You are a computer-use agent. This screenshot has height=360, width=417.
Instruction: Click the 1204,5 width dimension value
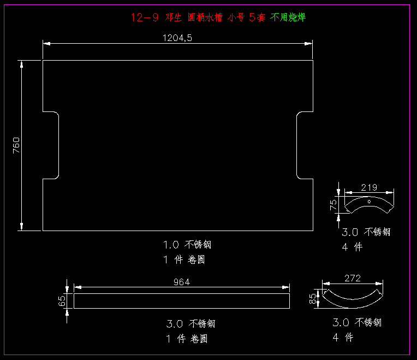(177, 38)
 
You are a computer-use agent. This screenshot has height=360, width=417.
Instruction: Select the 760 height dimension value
(16, 145)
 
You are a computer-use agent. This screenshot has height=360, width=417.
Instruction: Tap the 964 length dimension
(182, 282)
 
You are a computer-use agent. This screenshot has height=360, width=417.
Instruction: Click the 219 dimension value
(369, 188)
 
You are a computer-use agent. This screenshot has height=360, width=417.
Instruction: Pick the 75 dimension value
(333, 205)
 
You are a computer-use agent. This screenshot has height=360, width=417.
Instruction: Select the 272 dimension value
(353, 279)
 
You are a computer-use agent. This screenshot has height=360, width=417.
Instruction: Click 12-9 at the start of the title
(145, 17)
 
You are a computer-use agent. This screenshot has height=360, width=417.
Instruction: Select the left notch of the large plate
(51, 145)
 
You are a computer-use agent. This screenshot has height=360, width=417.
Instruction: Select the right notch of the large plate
(304, 145)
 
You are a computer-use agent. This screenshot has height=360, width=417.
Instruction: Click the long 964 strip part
(182, 301)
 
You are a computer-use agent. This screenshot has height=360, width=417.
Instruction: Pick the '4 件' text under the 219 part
(352, 247)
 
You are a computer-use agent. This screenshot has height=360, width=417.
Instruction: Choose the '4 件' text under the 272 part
(343, 338)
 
